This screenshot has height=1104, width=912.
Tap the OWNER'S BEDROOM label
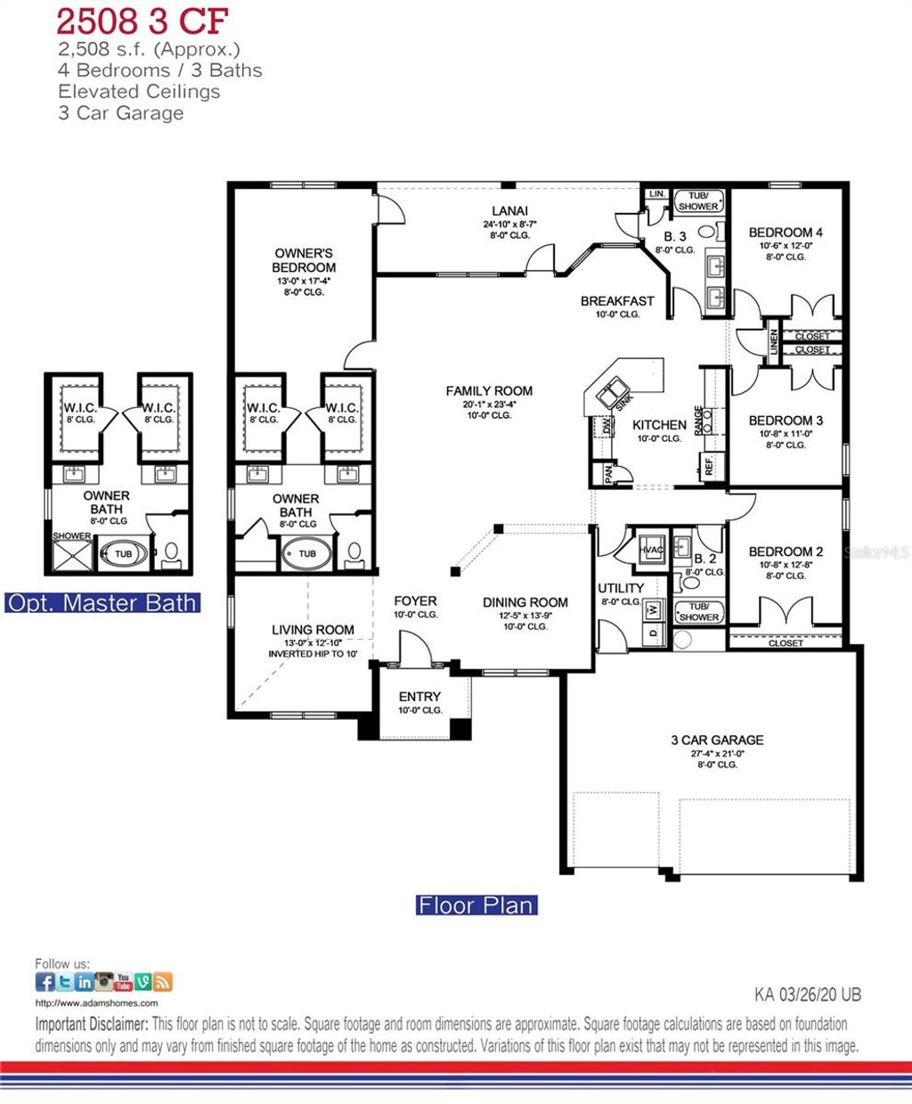[x=305, y=260]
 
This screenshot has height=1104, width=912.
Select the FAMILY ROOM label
[x=489, y=390]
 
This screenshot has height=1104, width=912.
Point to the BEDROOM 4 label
[x=786, y=233]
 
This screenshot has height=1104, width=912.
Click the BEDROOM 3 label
[x=786, y=421]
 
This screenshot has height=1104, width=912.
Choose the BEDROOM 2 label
[x=786, y=552]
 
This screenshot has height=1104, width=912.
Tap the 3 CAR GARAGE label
[x=717, y=740]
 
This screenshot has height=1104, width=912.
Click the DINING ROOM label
[x=525, y=602]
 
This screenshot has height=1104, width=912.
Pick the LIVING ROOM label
[x=313, y=630]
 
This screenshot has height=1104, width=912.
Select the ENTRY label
[x=419, y=696]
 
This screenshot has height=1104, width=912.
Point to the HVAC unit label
[x=652, y=550]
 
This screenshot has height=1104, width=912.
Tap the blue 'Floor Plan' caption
[x=476, y=905]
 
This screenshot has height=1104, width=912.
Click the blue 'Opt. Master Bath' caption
[x=102, y=602]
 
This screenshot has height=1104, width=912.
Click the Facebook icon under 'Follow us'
[x=45, y=982]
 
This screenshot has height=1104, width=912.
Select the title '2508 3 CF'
[x=142, y=20]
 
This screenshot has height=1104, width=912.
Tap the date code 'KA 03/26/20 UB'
[x=807, y=994]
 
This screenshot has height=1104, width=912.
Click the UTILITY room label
[x=621, y=588]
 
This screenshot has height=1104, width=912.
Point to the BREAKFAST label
[x=617, y=301]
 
